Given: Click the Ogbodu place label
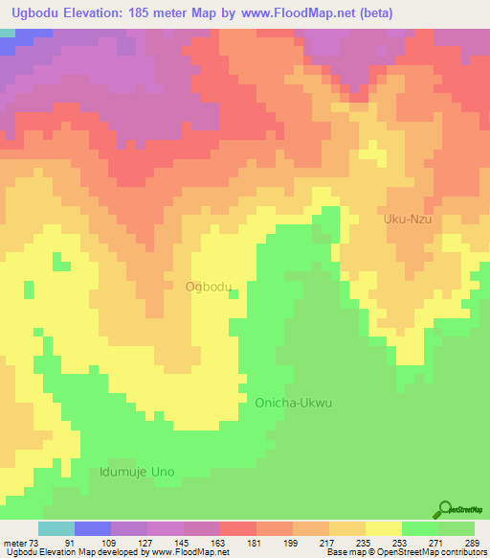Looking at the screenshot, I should [208, 287].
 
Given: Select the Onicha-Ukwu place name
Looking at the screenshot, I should [293, 403].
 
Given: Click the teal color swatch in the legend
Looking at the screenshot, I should [56, 529].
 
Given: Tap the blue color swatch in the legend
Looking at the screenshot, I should [93, 529].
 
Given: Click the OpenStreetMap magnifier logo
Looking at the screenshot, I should [444, 508].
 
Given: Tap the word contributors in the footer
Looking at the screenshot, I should [461, 552].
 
